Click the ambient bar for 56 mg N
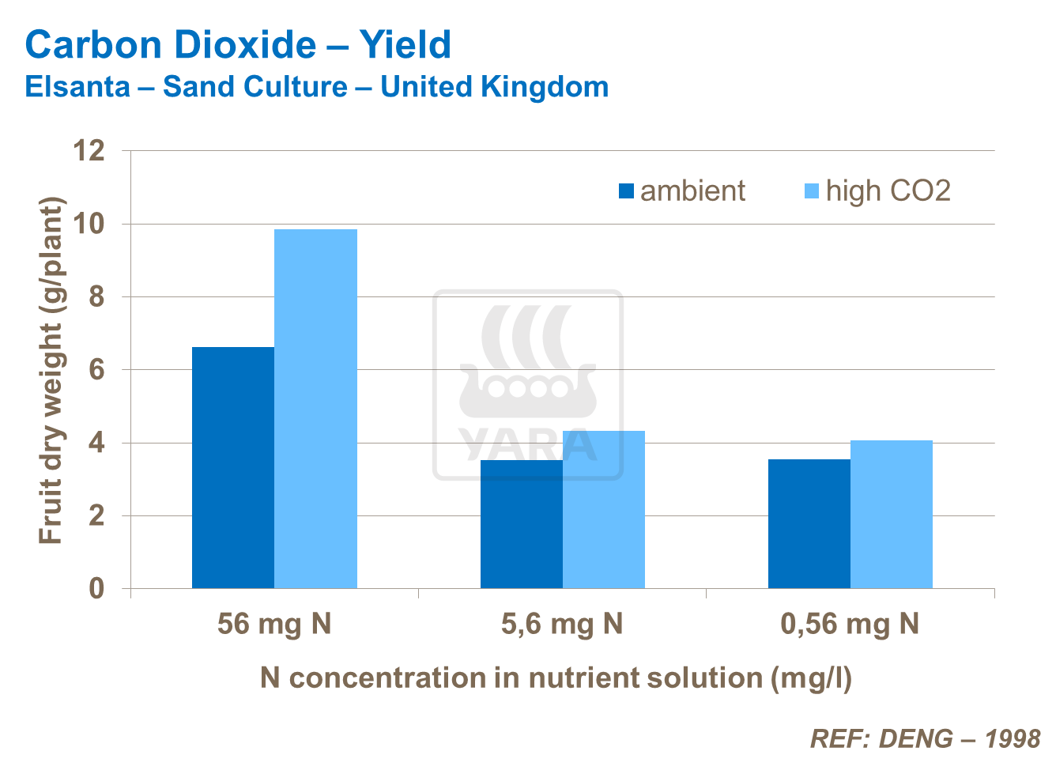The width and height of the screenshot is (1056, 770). pyautogui.click(x=233, y=467)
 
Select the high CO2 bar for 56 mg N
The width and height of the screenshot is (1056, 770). pyautogui.click(x=315, y=409)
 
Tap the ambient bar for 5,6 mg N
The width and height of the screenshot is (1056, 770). pyautogui.click(x=521, y=524)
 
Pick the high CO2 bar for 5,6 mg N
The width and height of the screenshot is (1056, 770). pyautogui.click(x=604, y=509)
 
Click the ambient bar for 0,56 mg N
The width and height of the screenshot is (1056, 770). pyautogui.click(x=809, y=523)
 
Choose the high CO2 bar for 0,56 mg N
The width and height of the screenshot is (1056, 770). pyautogui.click(x=892, y=514)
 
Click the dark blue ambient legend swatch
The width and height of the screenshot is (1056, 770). pyautogui.click(x=627, y=191)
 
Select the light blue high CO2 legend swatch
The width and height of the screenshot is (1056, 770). pyautogui.click(x=812, y=191)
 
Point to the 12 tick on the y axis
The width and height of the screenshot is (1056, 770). pyautogui.click(x=89, y=150)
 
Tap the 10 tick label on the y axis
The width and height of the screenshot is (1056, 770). pyautogui.click(x=89, y=224)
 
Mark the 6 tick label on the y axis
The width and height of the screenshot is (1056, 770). pyautogui.click(x=96, y=370)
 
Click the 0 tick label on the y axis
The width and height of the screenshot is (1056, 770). pyautogui.click(x=96, y=589)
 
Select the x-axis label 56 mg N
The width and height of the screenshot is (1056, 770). pyautogui.click(x=274, y=625)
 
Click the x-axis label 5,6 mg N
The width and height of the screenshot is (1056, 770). pyautogui.click(x=562, y=625)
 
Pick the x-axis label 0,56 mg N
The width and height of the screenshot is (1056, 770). pyautogui.click(x=850, y=625)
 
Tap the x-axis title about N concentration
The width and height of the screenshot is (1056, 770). pyautogui.click(x=556, y=678)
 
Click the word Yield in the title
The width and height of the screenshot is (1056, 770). pyautogui.click(x=405, y=45)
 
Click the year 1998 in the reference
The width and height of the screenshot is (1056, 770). pyautogui.click(x=1013, y=738)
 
